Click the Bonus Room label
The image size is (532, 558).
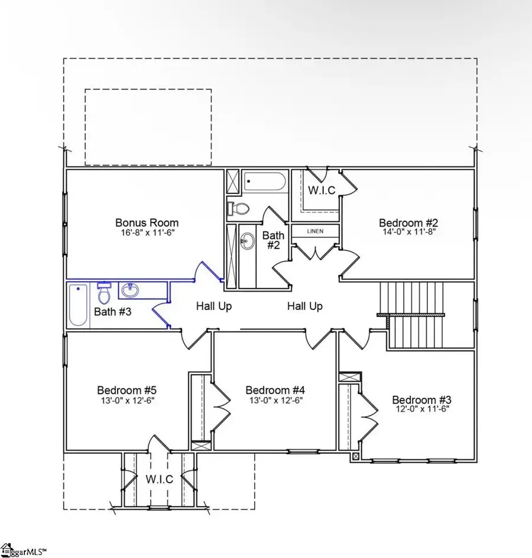147,222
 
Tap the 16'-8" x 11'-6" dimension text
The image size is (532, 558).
147,233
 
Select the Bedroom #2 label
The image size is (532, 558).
408,222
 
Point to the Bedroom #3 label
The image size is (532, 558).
421,399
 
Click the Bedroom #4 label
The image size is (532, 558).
275,390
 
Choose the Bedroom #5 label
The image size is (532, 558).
126,390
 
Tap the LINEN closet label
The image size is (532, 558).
315,231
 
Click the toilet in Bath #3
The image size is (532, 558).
104,292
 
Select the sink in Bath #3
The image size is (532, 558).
129,291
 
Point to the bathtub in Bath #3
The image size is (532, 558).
78,305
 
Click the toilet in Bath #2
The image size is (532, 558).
240,208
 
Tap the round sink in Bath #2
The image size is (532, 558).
247,240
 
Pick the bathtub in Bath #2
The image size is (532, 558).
265,181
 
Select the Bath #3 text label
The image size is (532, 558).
112,312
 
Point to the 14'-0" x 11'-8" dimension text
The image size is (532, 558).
408,233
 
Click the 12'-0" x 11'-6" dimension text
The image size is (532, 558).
421,408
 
